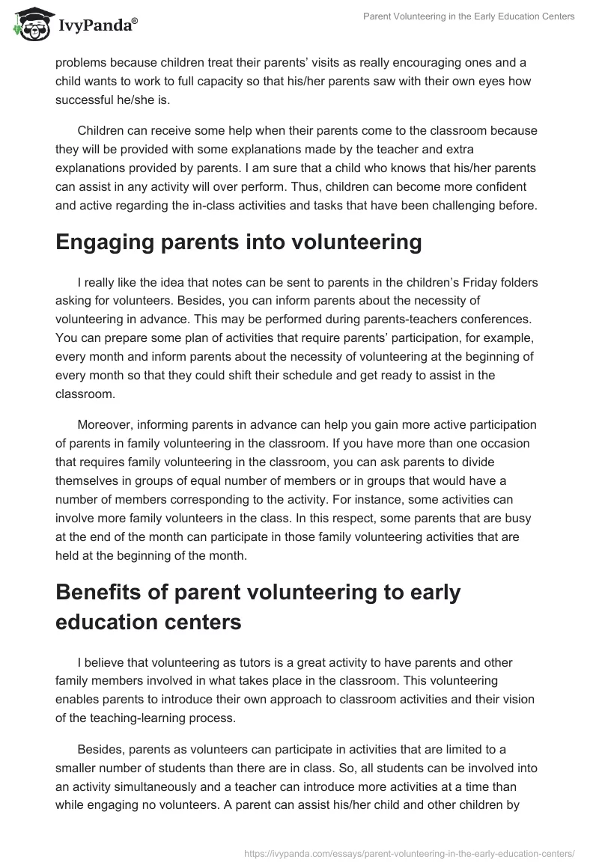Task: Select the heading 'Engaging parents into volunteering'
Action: (238, 242)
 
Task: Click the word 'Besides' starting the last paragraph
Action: (100, 751)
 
